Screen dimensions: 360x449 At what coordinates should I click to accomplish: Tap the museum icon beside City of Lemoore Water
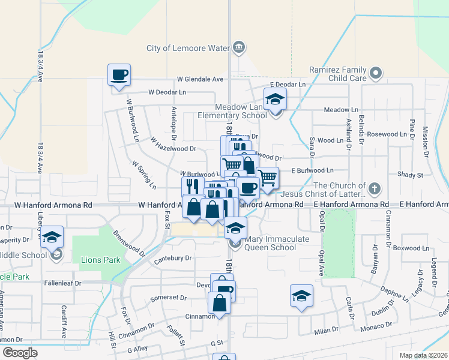239,47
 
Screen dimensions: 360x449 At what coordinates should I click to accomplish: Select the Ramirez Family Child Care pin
376,73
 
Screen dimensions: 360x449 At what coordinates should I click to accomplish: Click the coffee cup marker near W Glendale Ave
119,75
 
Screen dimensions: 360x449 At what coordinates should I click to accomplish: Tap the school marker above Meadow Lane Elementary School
275,99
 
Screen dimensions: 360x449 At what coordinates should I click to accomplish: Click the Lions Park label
100,260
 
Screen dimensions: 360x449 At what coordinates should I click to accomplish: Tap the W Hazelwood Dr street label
173,145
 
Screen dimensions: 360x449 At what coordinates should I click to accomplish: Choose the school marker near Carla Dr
301,295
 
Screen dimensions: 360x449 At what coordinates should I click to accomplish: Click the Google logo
20,353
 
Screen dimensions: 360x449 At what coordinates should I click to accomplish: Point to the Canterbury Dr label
172,258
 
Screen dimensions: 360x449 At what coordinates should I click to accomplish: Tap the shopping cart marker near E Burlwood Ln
267,178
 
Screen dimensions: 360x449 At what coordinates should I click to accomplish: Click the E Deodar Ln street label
288,85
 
